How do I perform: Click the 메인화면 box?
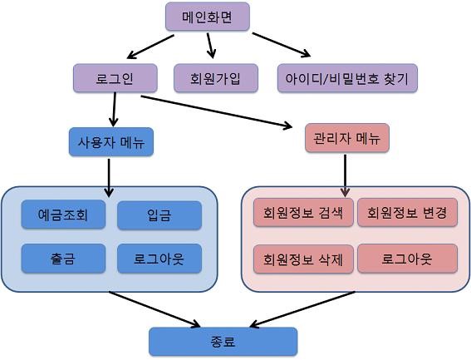[x=208, y=17]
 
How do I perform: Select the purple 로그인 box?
[x=115, y=78]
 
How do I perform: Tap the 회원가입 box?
[x=216, y=78]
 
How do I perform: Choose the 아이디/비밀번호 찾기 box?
[x=347, y=78]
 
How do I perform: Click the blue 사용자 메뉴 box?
[x=111, y=142]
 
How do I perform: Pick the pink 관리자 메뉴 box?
[x=347, y=138]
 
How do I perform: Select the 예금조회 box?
[x=63, y=215]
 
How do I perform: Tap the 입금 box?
[x=159, y=215]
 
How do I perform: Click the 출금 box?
[x=63, y=259]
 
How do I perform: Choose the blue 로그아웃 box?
[x=159, y=259]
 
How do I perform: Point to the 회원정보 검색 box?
[x=303, y=212]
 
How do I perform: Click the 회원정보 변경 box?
[x=408, y=212]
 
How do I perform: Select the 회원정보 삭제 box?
[x=303, y=259]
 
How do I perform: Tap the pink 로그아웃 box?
[x=408, y=259]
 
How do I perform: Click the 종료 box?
[x=223, y=342]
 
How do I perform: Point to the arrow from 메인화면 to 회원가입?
[x=211, y=46]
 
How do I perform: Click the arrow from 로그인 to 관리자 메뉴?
[x=217, y=112]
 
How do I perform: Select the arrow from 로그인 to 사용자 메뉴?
[x=114, y=110]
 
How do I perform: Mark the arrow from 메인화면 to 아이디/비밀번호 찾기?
[x=282, y=45]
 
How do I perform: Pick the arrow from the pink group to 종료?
[x=302, y=309]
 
